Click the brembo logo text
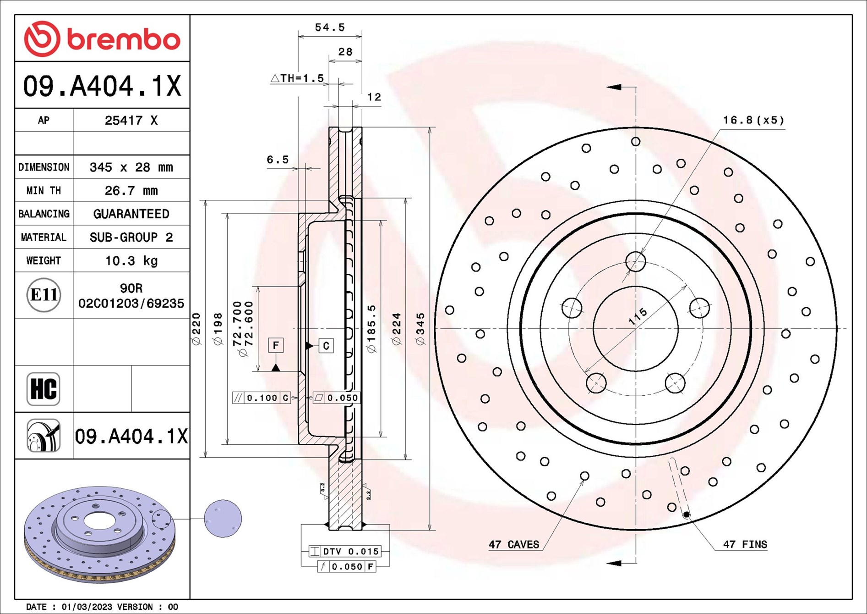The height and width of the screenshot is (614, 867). (124, 40)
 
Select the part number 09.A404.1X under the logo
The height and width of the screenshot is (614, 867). (102, 86)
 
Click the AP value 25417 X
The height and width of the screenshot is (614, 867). (131, 121)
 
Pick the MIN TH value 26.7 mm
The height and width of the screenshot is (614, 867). (131, 191)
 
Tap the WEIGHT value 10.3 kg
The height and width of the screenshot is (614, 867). (131, 261)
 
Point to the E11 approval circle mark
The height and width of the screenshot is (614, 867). (44, 295)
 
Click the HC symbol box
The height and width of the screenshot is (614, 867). (44, 389)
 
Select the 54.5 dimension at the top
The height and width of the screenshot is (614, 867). (329, 28)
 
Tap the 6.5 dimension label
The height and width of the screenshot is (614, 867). (278, 160)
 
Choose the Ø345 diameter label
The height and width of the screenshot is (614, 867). (420, 329)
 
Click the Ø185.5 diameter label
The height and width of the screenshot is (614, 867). (371, 329)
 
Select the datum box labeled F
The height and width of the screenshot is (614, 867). (276, 345)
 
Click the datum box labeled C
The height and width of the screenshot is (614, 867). (326, 346)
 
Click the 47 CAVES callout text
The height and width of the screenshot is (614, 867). (514, 545)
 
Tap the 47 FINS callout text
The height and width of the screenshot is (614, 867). (745, 545)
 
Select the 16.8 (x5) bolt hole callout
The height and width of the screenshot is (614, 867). (753, 120)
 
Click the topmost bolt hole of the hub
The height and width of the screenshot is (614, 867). (636, 262)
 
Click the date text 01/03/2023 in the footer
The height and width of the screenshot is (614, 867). (87, 607)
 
